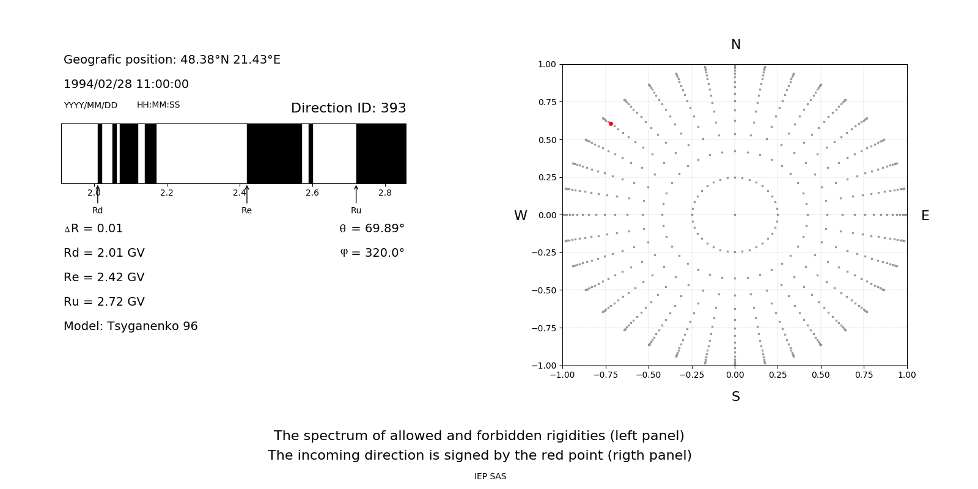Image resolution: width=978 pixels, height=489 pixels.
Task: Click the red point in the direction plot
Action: [611, 123]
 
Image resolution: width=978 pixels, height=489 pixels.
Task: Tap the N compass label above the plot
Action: [736, 45]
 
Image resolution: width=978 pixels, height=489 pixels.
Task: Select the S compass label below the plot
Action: [736, 397]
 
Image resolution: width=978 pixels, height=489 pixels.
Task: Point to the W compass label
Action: [520, 216]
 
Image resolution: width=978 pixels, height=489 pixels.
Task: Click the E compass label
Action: [925, 216]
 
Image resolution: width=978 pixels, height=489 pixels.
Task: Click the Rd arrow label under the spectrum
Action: [97, 210]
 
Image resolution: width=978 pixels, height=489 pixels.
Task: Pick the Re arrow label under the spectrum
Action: [246, 210]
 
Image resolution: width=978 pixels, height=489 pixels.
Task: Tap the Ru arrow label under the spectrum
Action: [356, 210]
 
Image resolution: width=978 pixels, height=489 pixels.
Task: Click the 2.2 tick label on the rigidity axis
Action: [167, 193]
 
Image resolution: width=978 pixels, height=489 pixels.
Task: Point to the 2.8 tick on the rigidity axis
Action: [385, 193]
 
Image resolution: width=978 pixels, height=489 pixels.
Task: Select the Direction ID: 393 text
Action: [348, 108]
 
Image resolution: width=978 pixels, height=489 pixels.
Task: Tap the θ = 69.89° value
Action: [372, 229]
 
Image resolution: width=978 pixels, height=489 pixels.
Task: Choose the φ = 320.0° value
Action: [372, 253]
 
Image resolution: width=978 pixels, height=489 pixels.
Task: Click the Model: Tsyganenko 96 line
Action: [131, 326]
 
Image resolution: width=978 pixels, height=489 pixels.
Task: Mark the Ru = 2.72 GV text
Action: [104, 302]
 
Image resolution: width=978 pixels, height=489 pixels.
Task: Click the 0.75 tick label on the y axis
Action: [547, 102]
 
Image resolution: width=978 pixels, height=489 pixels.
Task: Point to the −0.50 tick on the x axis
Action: [649, 375]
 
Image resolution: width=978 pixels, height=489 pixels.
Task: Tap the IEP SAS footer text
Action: [490, 476]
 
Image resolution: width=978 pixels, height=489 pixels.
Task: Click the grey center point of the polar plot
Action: [735, 215]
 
